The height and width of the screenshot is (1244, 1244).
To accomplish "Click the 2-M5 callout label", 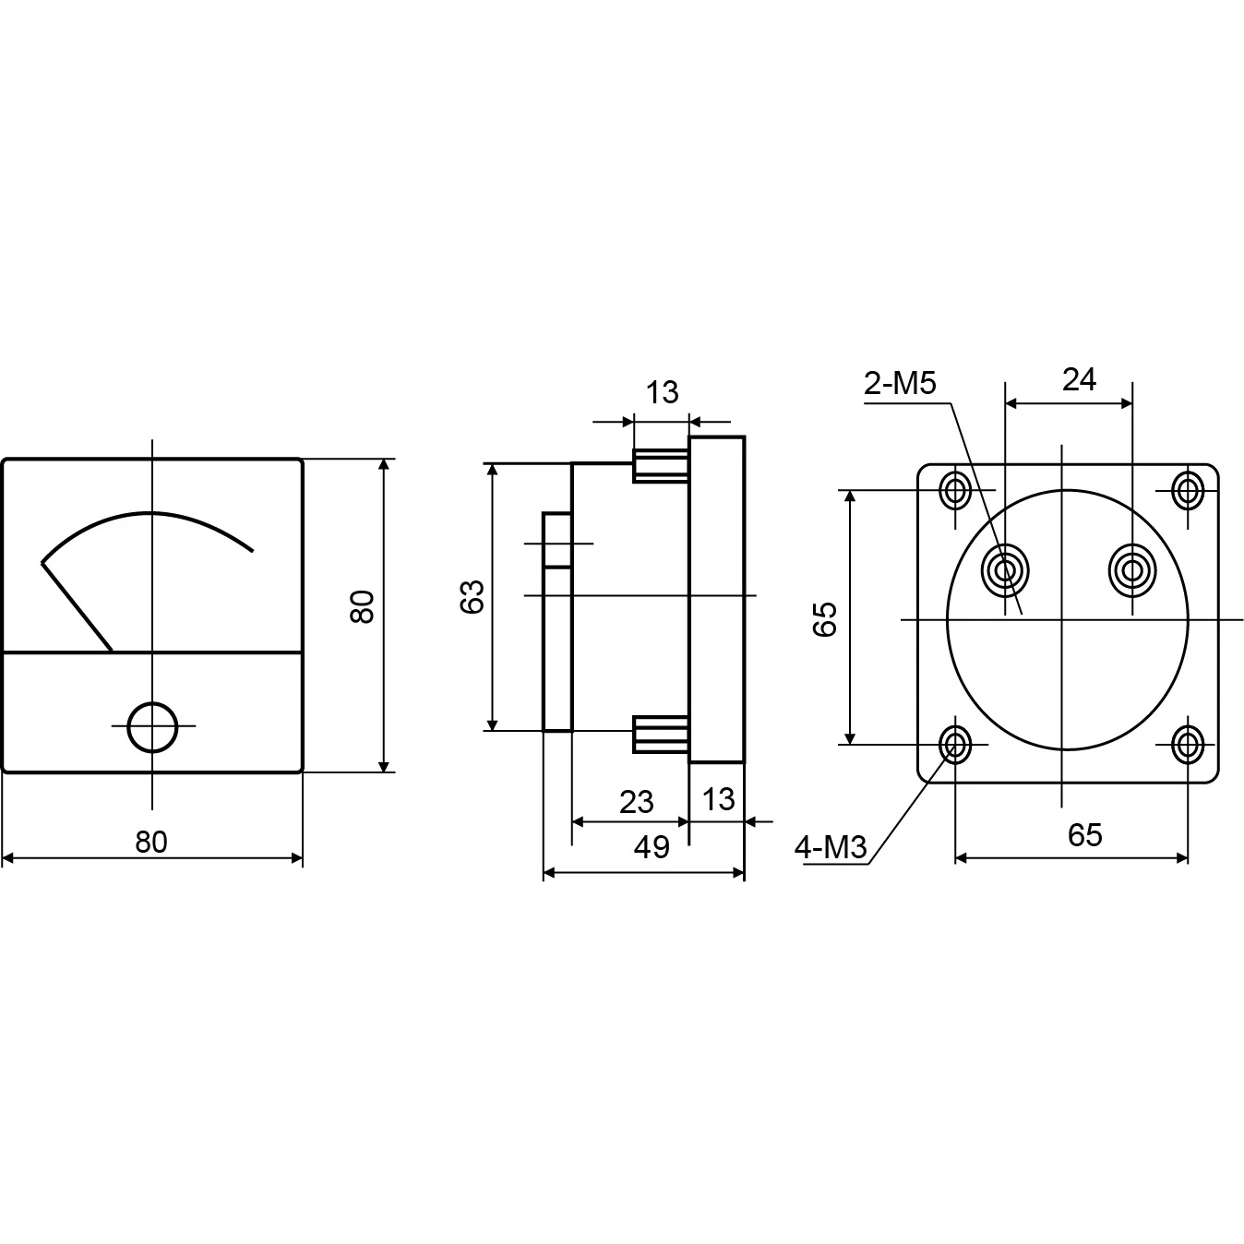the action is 900,384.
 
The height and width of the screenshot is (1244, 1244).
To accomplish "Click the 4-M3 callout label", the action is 831,847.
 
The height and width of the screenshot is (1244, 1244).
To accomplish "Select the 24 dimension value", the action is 1080,379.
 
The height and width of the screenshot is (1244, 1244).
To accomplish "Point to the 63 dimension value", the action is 472,596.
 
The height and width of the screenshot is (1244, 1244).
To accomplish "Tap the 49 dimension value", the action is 652,847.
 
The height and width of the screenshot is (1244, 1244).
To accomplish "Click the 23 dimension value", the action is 637,802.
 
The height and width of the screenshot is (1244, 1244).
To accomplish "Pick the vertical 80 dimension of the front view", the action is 362,606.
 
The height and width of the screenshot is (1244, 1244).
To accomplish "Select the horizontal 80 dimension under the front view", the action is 151,842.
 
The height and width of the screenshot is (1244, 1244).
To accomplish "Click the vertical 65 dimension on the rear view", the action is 825,619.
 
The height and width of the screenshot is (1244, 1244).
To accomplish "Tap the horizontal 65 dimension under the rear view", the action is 1084,835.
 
